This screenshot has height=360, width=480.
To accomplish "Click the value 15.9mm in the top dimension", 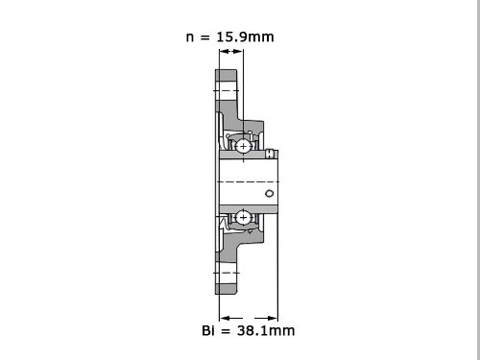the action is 245,36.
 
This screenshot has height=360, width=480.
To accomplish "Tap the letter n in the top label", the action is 190,37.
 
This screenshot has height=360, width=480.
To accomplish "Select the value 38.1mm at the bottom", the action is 266,330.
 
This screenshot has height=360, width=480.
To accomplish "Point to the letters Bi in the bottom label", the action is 208,330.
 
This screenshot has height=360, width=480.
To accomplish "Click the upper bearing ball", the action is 243,146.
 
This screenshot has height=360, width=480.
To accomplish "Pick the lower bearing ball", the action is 243,218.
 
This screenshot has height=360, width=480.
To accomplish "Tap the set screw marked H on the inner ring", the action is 271,154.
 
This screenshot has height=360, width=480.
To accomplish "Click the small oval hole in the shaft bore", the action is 270,193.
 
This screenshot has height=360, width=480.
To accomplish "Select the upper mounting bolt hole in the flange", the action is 227,90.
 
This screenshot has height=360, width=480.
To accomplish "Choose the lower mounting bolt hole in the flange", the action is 227,273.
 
